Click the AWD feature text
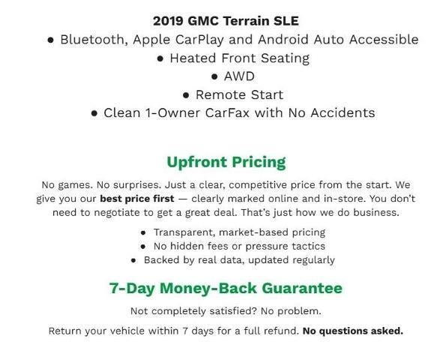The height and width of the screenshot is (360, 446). click(238, 76)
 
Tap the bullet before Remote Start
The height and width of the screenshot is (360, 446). click(186, 95)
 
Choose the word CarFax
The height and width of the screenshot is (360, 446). click(246, 113)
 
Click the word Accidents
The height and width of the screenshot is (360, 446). click(341, 113)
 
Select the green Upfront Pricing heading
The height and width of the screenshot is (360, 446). click(226, 161)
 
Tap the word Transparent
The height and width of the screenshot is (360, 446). click(186, 232)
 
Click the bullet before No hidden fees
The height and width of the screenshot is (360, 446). click(144, 247)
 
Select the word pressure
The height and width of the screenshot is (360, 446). click(253, 247)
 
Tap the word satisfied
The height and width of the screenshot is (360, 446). click(225, 310)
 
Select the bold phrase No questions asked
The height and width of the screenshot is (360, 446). click(352, 331)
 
